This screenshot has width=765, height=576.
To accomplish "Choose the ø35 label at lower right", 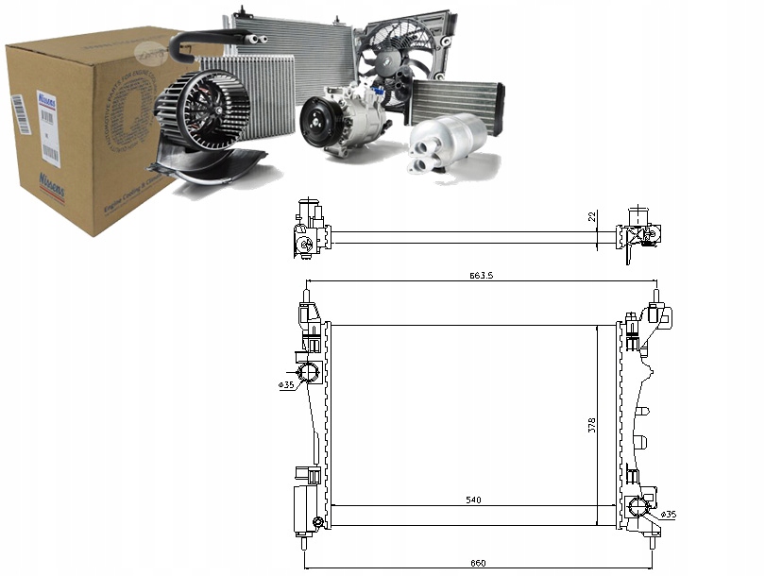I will point(668,514).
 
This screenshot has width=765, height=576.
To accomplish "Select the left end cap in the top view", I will point(308,232).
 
